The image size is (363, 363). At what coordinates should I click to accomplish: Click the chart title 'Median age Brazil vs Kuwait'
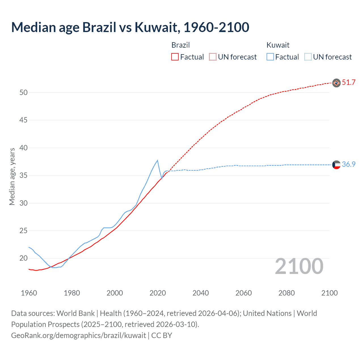coord(130,27)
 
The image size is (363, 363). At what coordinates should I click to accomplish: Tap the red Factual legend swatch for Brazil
coord(175,57)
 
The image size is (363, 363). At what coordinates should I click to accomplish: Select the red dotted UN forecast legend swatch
coord(213,57)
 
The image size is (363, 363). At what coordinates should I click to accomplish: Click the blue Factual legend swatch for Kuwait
coord(270,57)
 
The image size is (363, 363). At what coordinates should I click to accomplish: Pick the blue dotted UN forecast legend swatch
coord(308,57)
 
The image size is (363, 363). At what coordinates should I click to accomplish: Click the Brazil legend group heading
coord(180,45)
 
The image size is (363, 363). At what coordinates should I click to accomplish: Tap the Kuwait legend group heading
coord(278,45)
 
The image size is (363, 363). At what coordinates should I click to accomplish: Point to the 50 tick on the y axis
coord(24,92)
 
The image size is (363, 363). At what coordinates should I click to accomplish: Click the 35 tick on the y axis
coord(24,175)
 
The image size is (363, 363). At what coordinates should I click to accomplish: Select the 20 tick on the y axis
coord(24,258)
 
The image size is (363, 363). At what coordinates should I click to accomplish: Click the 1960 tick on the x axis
coord(29,293)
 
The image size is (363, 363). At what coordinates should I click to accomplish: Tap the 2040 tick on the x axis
coord(201,293)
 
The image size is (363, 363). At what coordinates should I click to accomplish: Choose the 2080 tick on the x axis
coord(286,293)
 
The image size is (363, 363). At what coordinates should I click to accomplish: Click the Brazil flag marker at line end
coord(336,83)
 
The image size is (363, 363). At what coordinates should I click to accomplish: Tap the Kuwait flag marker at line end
coord(336,165)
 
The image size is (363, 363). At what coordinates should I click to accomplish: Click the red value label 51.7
coord(349,83)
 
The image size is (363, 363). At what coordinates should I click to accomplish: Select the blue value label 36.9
coord(349,164)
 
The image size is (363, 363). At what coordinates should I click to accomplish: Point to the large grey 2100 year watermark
coord(299,266)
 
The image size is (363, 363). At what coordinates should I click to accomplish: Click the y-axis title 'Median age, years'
coord(12,176)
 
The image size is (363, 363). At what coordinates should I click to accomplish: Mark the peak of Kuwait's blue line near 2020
coord(157,160)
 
